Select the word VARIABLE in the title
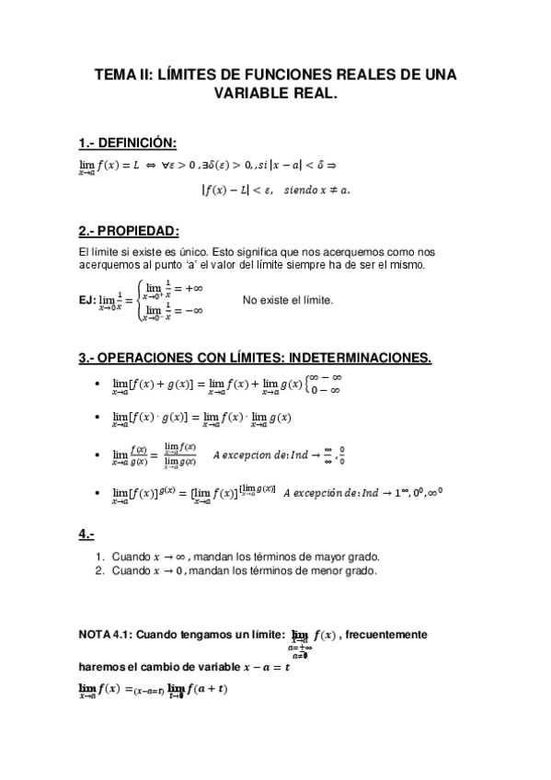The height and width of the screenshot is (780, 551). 249,93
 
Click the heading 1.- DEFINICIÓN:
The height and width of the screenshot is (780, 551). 128,142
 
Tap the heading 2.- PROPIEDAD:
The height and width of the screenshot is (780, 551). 129,229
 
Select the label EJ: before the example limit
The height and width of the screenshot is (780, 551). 87,300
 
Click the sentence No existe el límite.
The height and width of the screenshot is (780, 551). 288,300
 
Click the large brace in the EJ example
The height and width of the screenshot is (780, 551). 139,300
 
